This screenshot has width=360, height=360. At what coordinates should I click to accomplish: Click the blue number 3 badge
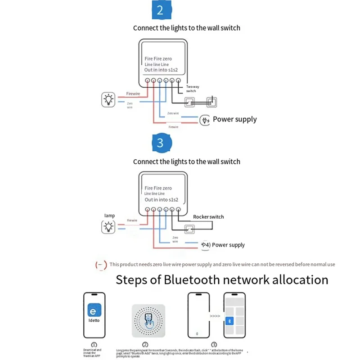pyautogui.click(x=160, y=143)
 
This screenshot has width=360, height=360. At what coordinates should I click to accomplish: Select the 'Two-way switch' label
pyautogui.click(x=191, y=89)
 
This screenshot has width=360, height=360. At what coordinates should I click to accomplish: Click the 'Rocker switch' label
pyautogui.click(x=208, y=217)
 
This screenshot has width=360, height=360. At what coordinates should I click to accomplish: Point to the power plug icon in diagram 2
pyautogui.click(x=205, y=120)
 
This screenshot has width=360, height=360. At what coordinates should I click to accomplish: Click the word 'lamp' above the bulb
pyautogui.click(x=109, y=216)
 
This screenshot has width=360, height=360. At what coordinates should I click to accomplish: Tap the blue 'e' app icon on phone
pyautogui.click(x=94, y=311)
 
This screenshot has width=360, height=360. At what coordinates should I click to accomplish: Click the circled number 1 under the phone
pyautogui.click(x=94, y=344)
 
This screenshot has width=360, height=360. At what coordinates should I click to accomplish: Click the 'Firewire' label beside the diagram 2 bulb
pyautogui.click(x=133, y=94)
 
